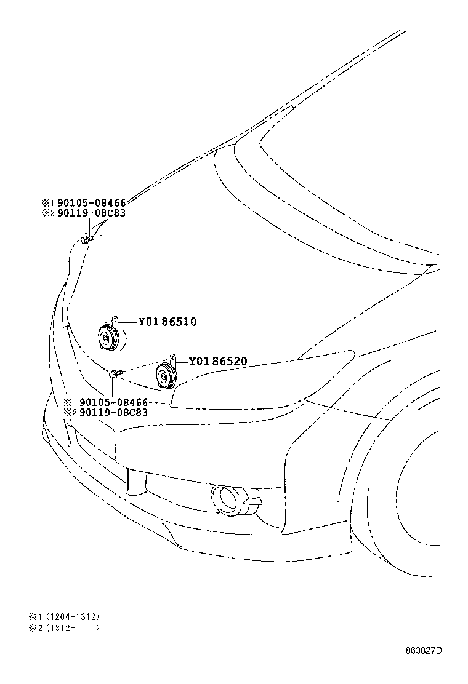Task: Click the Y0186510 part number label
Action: point(167,322)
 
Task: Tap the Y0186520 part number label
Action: point(218,361)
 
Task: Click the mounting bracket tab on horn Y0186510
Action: point(115,320)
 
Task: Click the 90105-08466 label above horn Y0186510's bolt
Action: point(92,203)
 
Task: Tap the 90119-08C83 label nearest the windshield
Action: point(92,213)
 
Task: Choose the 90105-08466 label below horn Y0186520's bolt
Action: point(114,402)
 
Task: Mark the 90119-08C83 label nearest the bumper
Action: point(114,413)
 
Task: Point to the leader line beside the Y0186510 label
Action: point(128,322)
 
